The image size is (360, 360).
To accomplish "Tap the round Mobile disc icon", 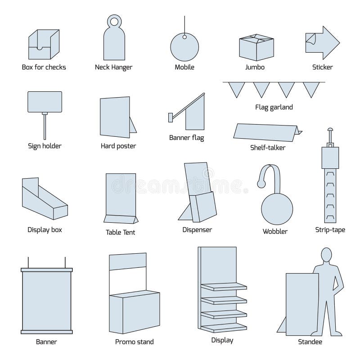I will pyautogui.click(x=184, y=45).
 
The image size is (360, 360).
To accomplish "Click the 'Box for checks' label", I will pyautogui.click(x=44, y=67).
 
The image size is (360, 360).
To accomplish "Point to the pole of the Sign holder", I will pyautogui.click(x=45, y=126).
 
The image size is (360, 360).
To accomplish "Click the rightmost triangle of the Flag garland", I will pyautogui.click(x=310, y=90).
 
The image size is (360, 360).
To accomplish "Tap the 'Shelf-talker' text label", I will pyautogui.click(x=268, y=147).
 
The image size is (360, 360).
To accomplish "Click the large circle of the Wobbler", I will pyautogui.click(x=277, y=208).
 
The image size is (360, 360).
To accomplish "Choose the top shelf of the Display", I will pyautogui.click(x=224, y=287).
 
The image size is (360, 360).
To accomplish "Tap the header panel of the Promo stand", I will pyautogui.click(x=128, y=261).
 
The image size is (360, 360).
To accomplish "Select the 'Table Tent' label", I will pyautogui.click(x=120, y=232).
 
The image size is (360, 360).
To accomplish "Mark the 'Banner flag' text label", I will pyautogui.click(x=186, y=137).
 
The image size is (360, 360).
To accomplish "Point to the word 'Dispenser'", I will pyautogui.click(x=197, y=229).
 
